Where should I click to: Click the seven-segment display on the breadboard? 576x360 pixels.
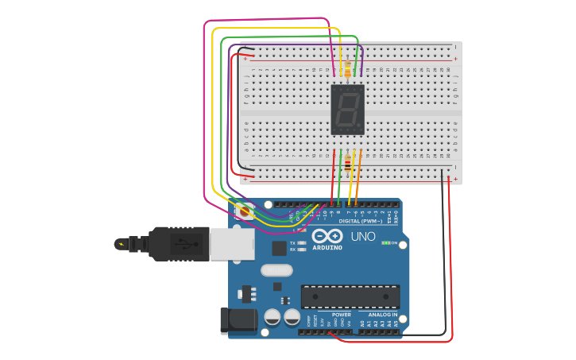(347, 110)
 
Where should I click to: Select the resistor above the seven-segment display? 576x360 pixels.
(347, 69)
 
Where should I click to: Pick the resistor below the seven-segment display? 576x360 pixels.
(348, 165)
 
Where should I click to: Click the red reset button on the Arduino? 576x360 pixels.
(245, 211)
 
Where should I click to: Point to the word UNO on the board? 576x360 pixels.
(363, 237)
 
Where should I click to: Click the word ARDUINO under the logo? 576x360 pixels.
(327, 248)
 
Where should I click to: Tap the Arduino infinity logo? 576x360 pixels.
(327, 236)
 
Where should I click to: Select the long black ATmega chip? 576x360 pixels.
(350, 296)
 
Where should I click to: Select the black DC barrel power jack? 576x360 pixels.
(238, 320)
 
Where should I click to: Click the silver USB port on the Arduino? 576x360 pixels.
(232, 243)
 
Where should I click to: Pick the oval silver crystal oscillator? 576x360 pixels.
(276, 269)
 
